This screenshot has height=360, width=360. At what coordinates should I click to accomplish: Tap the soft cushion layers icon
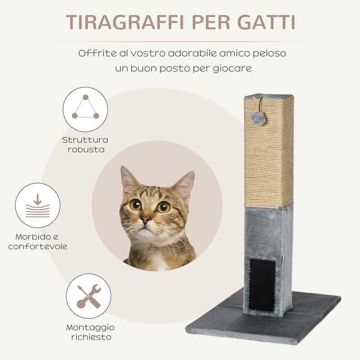pyautogui.click(x=37, y=205)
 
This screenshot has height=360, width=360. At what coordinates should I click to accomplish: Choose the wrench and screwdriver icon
pyautogui.click(x=88, y=296)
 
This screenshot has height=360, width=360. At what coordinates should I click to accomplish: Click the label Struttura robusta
pyautogui.click(x=85, y=144)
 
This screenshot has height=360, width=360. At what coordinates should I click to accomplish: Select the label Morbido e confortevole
pyautogui.click(x=37, y=241)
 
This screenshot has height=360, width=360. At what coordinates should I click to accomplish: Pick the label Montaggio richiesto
pyautogui.click(x=90, y=332)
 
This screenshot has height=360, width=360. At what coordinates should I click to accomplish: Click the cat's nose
pyautogui.click(x=145, y=220)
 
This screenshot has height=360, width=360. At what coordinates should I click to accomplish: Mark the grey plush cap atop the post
pyautogui.click(x=269, y=96)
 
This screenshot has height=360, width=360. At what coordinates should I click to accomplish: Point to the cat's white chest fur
pyautogui.click(x=157, y=261)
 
